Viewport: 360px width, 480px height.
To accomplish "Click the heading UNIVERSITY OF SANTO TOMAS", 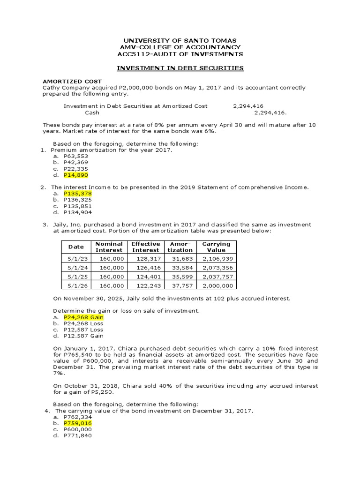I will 180,40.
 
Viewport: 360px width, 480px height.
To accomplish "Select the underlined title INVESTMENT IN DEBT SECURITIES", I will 180,68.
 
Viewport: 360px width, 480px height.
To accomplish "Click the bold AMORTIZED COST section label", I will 72,81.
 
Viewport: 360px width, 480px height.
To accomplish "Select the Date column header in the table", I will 76,247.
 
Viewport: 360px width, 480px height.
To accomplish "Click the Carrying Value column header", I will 216,247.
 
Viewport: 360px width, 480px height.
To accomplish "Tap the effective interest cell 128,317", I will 147,259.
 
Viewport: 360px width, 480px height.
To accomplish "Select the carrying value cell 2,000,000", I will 217,285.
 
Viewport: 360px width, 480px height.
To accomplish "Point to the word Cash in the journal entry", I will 92,112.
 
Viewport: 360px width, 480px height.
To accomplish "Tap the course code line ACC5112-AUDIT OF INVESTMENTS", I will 180,54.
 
